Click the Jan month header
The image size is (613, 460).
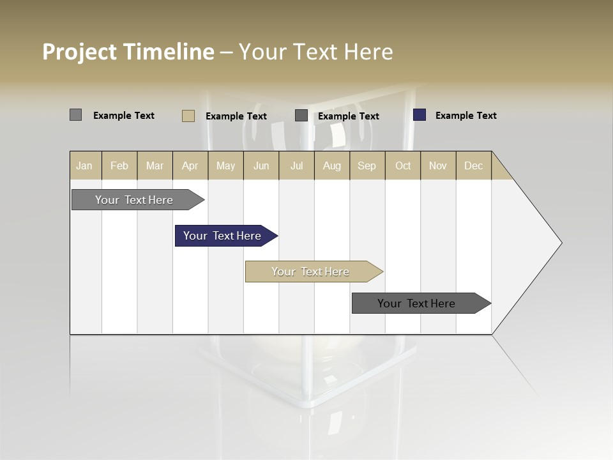pyautogui.click(x=84, y=165)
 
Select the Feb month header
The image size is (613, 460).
pyautogui.click(x=119, y=165)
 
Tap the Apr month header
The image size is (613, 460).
pyautogui.click(x=190, y=165)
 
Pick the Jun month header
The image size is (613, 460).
pyautogui.click(x=261, y=165)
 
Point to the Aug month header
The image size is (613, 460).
pyautogui.click(x=331, y=165)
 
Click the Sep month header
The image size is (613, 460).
pyautogui.click(x=367, y=165)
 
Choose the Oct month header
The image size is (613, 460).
pyautogui.click(x=403, y=165)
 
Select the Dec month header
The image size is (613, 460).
pyautogui.click(x=473, y=165)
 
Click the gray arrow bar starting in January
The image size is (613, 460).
pyautogui.click(x=135, y=200)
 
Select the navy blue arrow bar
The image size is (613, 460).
pyautogui.click(x=223, y=236)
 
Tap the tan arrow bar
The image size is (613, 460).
pyautogui.click(x=311, y=272)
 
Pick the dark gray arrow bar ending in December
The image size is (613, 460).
pyautogui.click(x=417, y=303)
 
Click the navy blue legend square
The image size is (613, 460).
pyautogui.click(x=419, y=115)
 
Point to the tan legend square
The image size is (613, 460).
pyautogui.click(x=188, y=116)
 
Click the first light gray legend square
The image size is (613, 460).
pyautogui.click(x=75, y=115)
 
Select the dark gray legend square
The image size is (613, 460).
pyautogui.click(x=301, y=116)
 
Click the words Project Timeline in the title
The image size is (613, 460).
pyautogui.click(x=128, y=52)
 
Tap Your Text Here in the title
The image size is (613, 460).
pyautogui.click(x=315, y=52)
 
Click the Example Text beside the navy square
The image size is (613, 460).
pyautogui.click(x=465, y=116)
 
